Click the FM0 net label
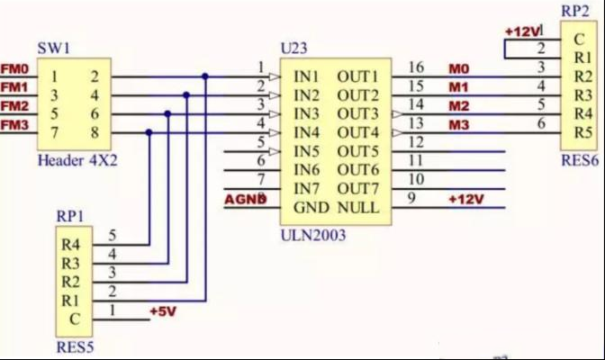click(x=14, y=69)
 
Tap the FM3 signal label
click(x=14, y=125)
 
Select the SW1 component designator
click(x=54, y=49)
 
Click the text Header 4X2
click(x=77, y=160)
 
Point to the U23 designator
click(x=294, y=49)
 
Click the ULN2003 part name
click(x=313, y=235)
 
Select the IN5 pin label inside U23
click(x=306, y=151)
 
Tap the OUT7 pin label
click(x=357, y=189)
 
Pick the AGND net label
click(x=246, y=200)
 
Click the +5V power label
click(x=163, y=311)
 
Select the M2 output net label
click(x=459, y=106)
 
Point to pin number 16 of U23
click(x=416, y=67)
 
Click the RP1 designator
click(x=70, y=216)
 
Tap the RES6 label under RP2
click(x=580, y=160)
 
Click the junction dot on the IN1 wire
click(x=205, y=76)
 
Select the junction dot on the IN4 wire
click(x=149, y=132)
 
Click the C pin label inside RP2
click(x=579, y=39)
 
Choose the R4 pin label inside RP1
click(x=70, y=245)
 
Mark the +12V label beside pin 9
click(x=466, y=200)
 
